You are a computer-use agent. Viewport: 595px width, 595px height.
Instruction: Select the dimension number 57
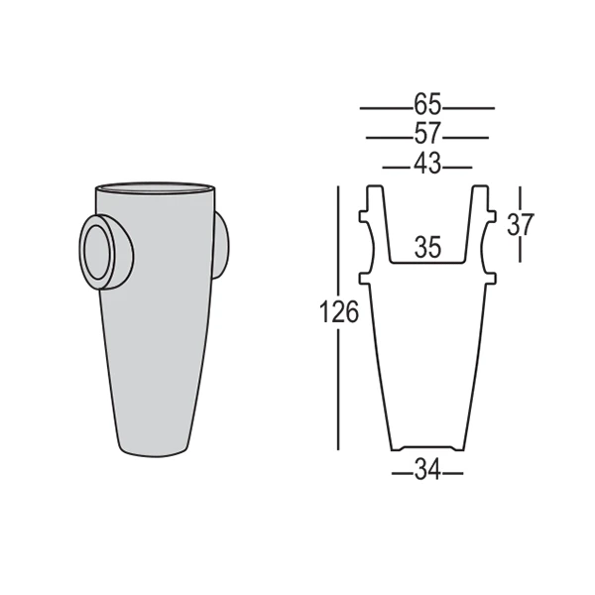[x=427, y=135]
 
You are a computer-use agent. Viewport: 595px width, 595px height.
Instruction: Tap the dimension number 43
[x=427, y=165]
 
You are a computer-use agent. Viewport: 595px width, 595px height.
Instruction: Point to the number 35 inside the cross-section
[x=427, y=248]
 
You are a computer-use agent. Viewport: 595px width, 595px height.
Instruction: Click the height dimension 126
[x=339, y=313]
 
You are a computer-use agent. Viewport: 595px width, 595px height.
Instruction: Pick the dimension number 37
[x=520, y=224]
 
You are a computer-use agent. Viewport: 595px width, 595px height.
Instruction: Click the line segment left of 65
[x=385, y=106]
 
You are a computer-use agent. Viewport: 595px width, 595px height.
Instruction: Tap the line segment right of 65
[x=469, y=106]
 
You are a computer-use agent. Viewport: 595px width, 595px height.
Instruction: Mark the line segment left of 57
[x=388, y=136]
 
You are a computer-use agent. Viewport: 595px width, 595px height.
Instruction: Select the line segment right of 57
[x=466, y=136]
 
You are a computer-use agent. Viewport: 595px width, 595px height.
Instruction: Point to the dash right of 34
[x=453, y=473]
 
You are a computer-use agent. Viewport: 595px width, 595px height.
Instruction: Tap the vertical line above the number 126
[x=339, y=238]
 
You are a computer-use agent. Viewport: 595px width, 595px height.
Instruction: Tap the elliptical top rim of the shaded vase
[x=154, y=187]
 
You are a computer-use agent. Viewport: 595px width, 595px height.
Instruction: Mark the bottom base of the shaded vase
[x=154, y=454]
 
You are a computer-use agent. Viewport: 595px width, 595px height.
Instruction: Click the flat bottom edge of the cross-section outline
[x=427, y=447]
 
